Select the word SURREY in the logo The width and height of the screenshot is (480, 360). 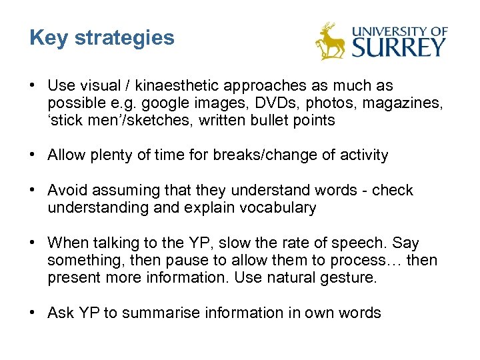(x=399, y=47)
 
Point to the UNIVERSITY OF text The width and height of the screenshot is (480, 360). (x=399, y=31)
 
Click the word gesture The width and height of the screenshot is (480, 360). (x=351, y=277)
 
